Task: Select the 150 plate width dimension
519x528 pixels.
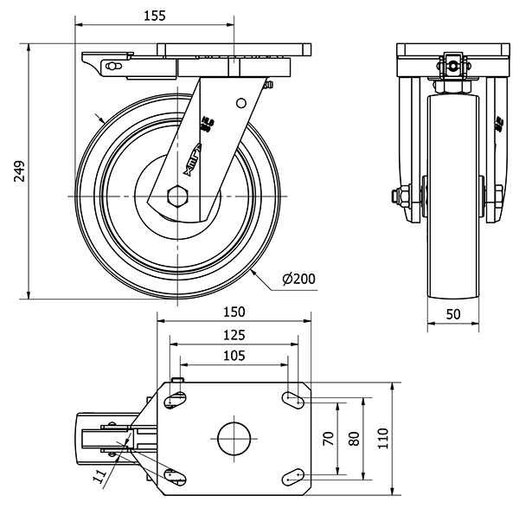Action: (x=234, y=312)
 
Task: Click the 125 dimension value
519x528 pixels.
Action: (x=234, y=334)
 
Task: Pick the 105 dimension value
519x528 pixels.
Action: (x=234, y=356)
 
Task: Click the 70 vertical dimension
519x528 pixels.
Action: (x=329, y=438)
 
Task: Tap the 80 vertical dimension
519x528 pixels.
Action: (x=353, y=438)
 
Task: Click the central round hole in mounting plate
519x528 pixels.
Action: (x=234, y=437)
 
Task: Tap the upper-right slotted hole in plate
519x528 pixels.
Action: (x=292, y=398)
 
